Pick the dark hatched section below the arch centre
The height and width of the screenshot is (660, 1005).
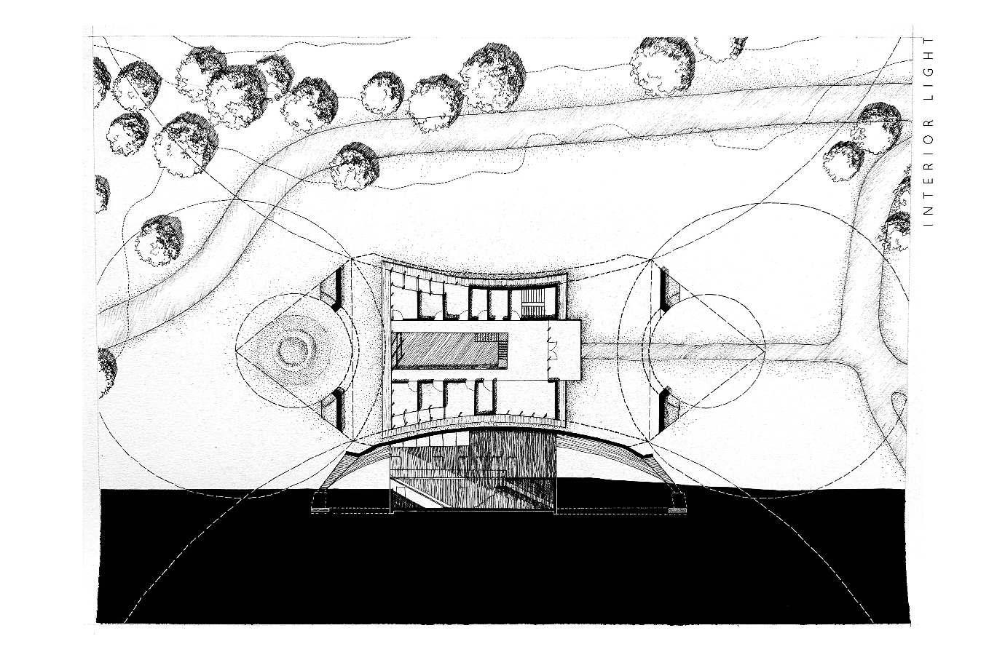(x=473, y=473)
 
